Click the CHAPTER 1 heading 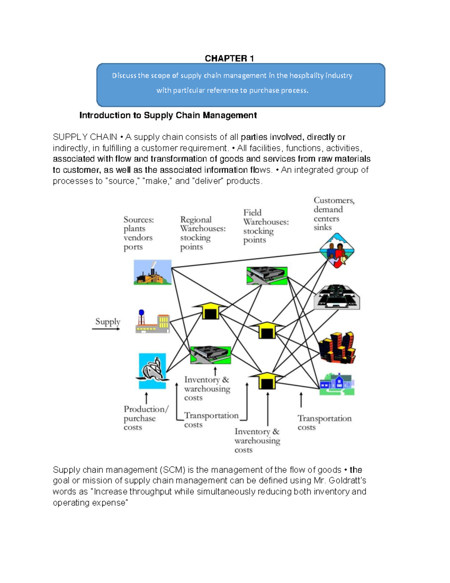point(229,58)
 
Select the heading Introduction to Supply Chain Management point(168,115)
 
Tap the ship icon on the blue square point(152,371)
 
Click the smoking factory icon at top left point(153,272)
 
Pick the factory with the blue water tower point(152,322)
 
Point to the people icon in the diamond point(337,251)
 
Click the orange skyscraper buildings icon point(337,347)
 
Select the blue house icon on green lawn point(337,384)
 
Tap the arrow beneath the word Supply point(106,329)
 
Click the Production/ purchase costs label point(146,418)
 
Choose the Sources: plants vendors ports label point(138,233)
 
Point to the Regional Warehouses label point(202,233)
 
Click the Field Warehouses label point(265,226)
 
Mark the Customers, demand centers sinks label point(334,214)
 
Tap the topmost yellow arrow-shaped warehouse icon point(210,310)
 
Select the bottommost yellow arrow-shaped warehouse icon point(266,380)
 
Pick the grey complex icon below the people point(337,297)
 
